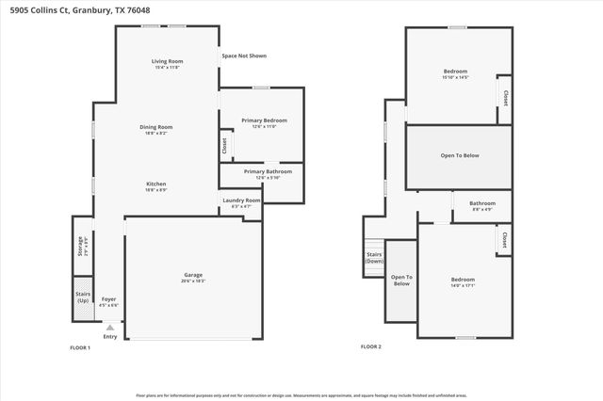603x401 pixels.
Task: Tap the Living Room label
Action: coord(166,62)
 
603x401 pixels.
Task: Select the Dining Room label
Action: coord(157,126)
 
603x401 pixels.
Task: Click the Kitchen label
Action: coord(156,183)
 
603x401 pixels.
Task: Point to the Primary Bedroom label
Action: coord(264,120)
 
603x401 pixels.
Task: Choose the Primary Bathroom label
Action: coord(268,171)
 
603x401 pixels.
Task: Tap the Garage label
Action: coord(192,275)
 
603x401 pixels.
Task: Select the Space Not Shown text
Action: coord(244,56)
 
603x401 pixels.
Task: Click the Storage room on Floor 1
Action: coord(82,246)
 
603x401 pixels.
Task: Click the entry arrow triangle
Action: coord(109,326)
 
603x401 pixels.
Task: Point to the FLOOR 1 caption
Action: coord(80,347)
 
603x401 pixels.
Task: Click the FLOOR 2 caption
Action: coord(371,347)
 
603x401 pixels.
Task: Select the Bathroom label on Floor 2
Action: coord(482,202)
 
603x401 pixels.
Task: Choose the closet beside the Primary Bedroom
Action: coord(224,146)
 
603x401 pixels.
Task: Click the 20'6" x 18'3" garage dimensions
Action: coord(192,281)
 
